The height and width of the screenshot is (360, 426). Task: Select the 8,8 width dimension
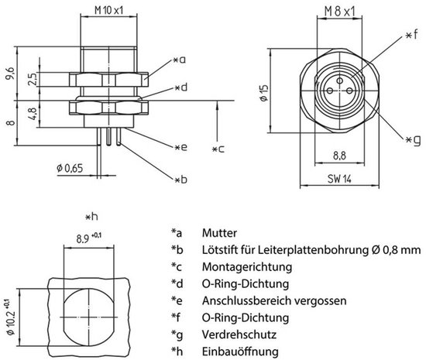(x=338, y=155)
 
